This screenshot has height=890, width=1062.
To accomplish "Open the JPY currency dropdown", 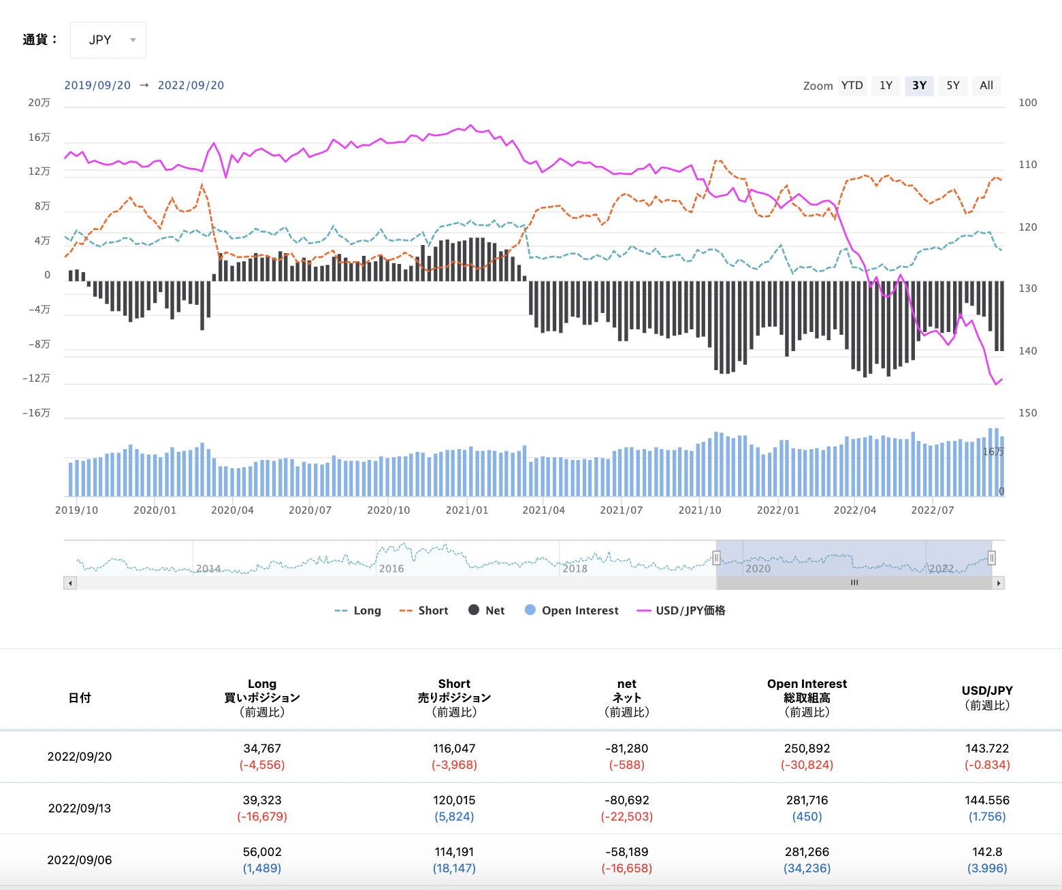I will pos(108,40).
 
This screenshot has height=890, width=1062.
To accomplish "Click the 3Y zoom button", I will pos(919,86).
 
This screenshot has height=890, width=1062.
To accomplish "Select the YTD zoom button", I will pos(852,86).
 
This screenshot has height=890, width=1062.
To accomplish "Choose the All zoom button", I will pos(986,86).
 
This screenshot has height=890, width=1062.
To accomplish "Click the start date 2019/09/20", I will pos(97,86).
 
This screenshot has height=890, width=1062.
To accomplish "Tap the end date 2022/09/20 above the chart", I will pos(191,86).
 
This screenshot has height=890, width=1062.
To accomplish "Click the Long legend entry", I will pos(359,610).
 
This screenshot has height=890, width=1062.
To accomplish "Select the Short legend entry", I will pos(424,610).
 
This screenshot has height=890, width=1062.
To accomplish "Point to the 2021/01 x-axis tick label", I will pos(466,510).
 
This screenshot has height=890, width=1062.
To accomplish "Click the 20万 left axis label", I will pos(39,103).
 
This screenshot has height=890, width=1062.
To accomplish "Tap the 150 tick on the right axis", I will pos(1027,413).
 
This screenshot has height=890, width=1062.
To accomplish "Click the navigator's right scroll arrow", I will pos(999,583).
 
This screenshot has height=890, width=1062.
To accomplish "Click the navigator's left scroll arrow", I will pos(70,583).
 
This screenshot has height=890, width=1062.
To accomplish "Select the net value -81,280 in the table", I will pos(626,748).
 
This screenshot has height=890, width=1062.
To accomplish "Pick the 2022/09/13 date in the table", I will pos(80,808).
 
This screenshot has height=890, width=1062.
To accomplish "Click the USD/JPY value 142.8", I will pos(987,852).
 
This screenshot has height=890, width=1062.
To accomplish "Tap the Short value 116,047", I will pos(454,748).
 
